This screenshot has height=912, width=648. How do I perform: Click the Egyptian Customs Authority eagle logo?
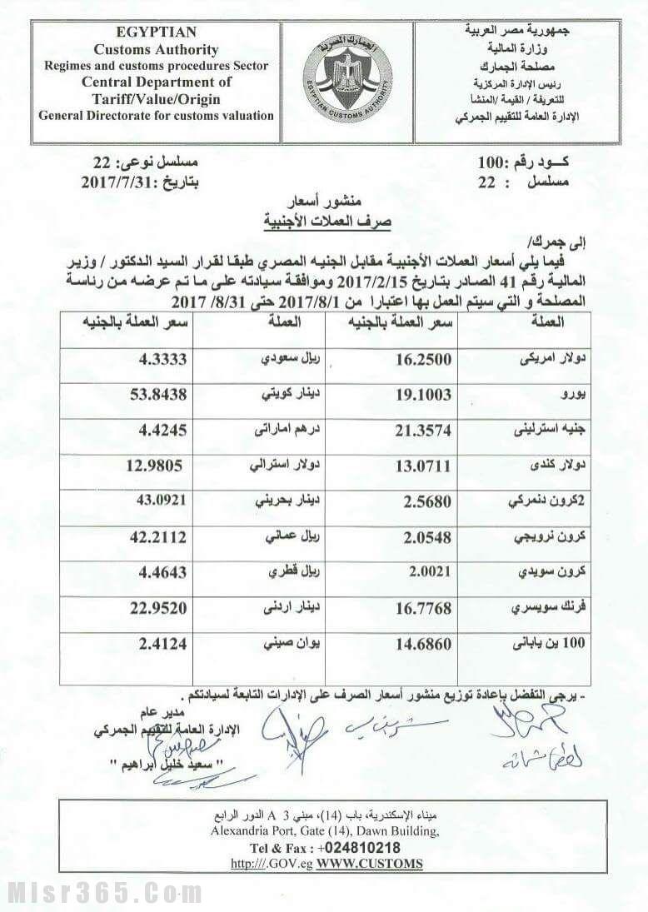346,81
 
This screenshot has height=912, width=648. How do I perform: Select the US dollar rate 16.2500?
425,360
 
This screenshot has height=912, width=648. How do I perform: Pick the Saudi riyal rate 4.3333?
162,360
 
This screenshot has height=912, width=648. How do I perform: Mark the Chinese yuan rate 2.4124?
162,643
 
